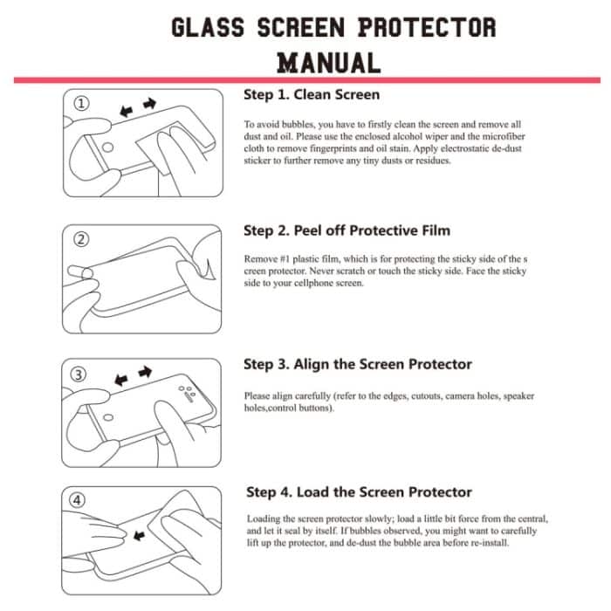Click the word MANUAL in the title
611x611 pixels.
(328, 63)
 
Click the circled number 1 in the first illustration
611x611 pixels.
(80, 104)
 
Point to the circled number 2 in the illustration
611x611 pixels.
(80, 239)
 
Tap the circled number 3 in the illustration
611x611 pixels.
(80, 374)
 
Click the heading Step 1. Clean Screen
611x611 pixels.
(311, 94)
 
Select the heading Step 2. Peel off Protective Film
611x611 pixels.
(347, 230)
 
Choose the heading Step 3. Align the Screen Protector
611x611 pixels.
(357, 364)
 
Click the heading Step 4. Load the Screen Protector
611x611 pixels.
(359, 492)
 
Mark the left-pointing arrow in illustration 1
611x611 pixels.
(127, 111)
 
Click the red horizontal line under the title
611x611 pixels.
(305, 79)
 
